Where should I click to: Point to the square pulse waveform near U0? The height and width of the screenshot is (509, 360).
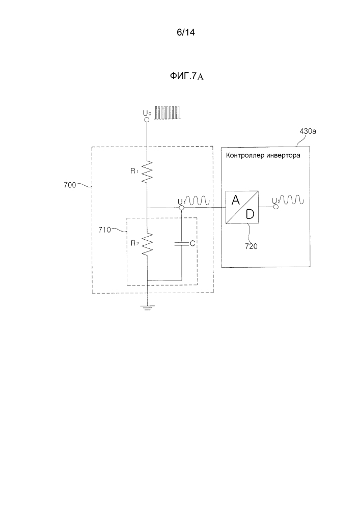click(x=167, y=112)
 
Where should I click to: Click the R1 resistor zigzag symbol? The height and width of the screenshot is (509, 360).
click(x=147, y=172)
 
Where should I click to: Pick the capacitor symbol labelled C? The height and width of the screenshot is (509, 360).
click(x=182, y=244)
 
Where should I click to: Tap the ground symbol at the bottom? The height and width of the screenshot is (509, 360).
click(x=147, y=307)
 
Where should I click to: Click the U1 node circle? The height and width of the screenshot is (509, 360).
click(x=182, y=208)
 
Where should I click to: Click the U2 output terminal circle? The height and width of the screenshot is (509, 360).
click(x=275, y=207)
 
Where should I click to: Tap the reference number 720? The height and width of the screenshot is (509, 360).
click(x=251, y=246)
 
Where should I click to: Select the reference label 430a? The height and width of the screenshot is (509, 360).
click(x=308, y=131)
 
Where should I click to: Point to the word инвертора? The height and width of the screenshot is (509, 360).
click(x=283, y=155)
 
